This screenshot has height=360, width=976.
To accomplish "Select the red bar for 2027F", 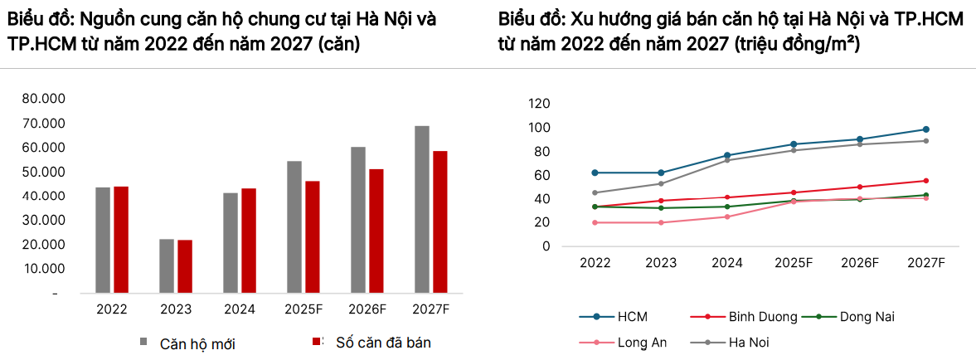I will click(439, 222).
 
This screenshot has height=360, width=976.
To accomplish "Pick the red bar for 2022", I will click(121, 240).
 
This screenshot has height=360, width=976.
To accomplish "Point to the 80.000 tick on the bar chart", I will click(44, 99).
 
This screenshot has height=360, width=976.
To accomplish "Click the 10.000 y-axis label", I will click(44, 269).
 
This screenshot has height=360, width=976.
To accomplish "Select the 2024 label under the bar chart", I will click(240, 309).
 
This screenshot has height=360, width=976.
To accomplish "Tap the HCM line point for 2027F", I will click(925, 129).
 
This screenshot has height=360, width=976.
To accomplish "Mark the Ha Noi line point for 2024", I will click(727, 160).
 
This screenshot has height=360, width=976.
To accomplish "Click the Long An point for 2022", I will click(595, 222).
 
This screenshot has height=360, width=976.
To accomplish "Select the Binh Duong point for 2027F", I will click(925, 181).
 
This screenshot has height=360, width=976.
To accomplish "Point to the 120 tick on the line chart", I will click(539, 104).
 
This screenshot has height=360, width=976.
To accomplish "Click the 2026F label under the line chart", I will click(860, 262).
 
